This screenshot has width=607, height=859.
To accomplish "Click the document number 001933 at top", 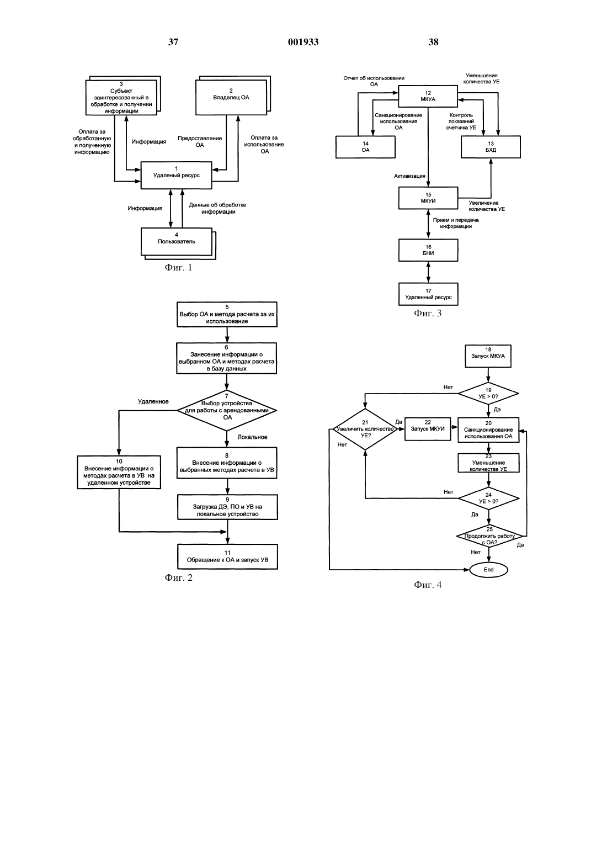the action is click(303, 42).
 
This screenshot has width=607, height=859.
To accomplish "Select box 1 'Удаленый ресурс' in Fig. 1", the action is click(176, 175).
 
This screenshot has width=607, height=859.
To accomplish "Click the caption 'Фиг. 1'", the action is click(178, 267).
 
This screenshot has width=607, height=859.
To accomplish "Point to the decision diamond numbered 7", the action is click(227, 410).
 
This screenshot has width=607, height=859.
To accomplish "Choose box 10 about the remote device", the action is click(119, 472).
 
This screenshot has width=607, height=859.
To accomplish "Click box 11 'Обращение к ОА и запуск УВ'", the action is click(227, 556).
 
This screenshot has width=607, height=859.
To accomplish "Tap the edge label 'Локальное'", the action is click(253, 437).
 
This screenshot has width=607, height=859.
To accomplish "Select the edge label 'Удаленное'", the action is click(153, 401).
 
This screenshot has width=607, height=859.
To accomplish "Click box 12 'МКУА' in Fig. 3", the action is click(428, 96).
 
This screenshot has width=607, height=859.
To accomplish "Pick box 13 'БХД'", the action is click(491, 147).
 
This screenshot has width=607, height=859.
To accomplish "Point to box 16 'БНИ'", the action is click(428, 250).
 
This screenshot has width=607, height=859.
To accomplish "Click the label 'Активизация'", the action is click(409, 176).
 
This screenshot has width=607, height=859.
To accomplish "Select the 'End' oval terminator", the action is click(488, 570).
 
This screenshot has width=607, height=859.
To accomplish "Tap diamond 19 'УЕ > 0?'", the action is click(488, 393).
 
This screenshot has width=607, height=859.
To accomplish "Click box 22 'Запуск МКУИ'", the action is click(428, 429).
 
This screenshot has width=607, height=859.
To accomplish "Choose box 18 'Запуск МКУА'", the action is click(488, 356).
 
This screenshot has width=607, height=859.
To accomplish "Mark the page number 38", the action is click(433, 42).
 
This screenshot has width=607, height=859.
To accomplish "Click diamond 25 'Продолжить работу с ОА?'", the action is click(489, 535).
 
